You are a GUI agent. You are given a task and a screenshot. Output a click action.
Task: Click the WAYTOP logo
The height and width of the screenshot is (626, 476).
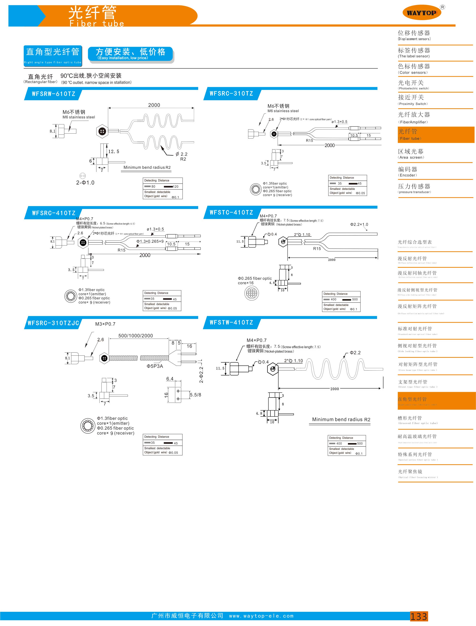422,13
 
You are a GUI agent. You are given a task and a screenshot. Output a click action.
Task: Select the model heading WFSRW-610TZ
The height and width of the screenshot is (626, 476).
54,94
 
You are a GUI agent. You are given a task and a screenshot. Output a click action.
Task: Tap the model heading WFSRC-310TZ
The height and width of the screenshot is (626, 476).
231,93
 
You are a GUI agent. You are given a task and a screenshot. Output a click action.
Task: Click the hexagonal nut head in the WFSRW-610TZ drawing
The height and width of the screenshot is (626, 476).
102,131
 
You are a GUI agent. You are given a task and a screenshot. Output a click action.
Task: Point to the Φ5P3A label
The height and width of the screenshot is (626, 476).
155,366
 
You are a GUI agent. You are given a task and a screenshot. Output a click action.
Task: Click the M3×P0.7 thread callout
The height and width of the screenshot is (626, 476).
105,324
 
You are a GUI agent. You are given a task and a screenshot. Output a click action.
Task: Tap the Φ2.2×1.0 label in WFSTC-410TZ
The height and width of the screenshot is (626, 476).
359,224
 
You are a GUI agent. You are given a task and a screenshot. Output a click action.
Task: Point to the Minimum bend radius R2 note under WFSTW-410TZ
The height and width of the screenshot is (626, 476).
341,419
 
